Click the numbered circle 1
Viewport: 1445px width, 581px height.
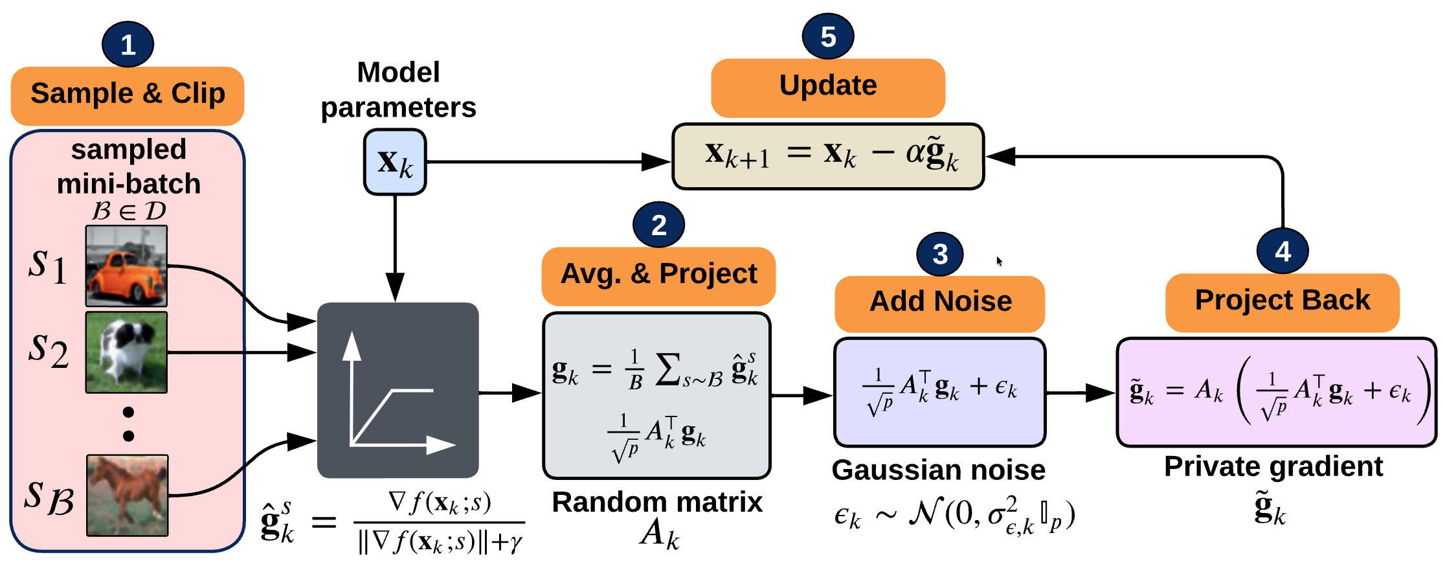click(128, 44)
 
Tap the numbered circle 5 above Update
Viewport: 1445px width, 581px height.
click(827, 36)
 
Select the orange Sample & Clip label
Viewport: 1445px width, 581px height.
click(128, 94)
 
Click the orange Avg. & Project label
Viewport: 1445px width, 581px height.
click(658, 275)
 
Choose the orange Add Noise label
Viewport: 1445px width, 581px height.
click(940, 302)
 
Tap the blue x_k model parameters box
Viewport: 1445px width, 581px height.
click(395, 162)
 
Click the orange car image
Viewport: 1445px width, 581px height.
click(127, 266)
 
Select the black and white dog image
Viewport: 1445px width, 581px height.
click(127, 352)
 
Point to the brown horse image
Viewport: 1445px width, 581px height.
click(128, 496)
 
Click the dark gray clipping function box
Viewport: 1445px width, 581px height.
click(398, 390)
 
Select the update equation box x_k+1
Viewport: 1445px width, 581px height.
click(828, 156)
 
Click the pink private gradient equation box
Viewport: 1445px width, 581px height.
click(1275, 392)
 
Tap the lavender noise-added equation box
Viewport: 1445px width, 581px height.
click(939, 392)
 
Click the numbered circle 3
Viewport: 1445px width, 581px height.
click(940, 253)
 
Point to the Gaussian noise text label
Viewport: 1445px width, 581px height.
click(938, 470)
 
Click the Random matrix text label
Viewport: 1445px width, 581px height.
click(657, 503)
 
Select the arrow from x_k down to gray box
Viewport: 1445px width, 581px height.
click(395, 246)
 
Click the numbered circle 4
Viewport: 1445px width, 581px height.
click(1283, 251)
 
